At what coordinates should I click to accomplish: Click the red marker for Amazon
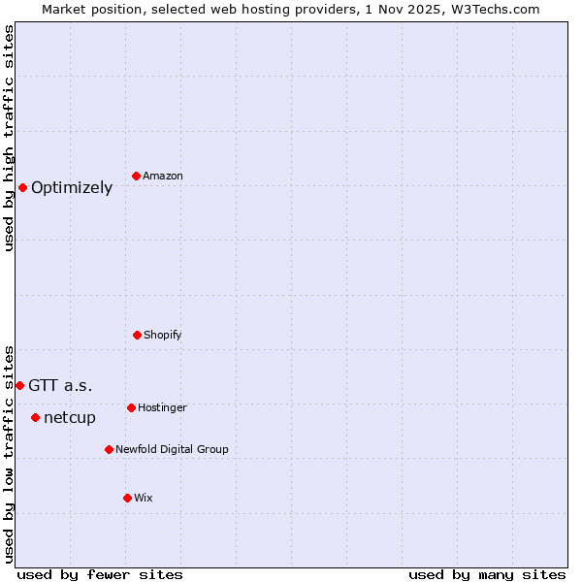point(136,176)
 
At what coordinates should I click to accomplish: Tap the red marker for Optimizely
point(22,187)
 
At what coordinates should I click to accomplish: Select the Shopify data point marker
point(137,335)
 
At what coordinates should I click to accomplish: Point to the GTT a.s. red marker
point(19,385)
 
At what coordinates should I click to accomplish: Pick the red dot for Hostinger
point(131,407)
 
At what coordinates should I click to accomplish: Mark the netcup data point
point(35,417)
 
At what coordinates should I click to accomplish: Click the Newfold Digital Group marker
point(109,449)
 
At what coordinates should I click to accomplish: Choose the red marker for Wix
point(127,498)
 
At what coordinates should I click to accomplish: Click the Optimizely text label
point(72,188)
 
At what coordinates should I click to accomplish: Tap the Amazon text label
point(163,177)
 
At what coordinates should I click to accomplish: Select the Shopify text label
point(163,336)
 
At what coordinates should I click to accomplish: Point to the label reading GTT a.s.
point(60,386)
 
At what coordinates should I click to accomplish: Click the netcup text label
point(70,418)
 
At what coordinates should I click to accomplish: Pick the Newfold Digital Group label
point(172,450)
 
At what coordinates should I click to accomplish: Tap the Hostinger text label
point(162,408)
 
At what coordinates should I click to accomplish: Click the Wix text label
point(144,499)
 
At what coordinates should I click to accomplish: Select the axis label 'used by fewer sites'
point(100,574)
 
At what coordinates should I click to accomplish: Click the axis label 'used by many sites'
point(487,574)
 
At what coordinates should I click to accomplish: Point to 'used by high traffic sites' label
point(9,138)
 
